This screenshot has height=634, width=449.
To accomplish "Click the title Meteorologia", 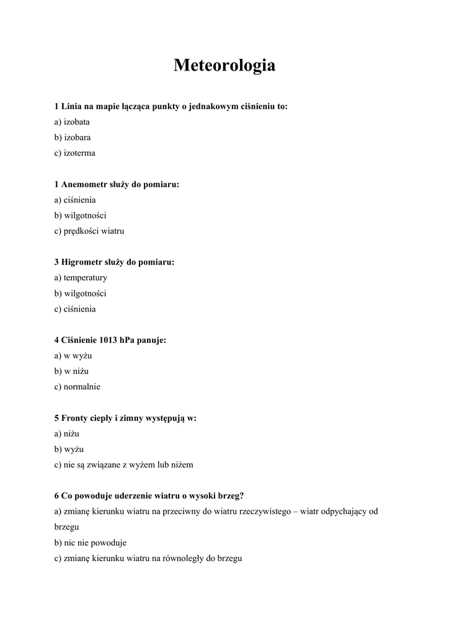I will tap(225, 65).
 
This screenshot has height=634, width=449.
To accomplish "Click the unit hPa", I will tap(129, 340).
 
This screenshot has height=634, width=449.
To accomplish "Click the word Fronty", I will tap(74, 418).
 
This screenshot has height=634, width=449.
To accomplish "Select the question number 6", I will tap(56, 496).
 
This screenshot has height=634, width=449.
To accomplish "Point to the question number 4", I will tap(56, 340).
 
